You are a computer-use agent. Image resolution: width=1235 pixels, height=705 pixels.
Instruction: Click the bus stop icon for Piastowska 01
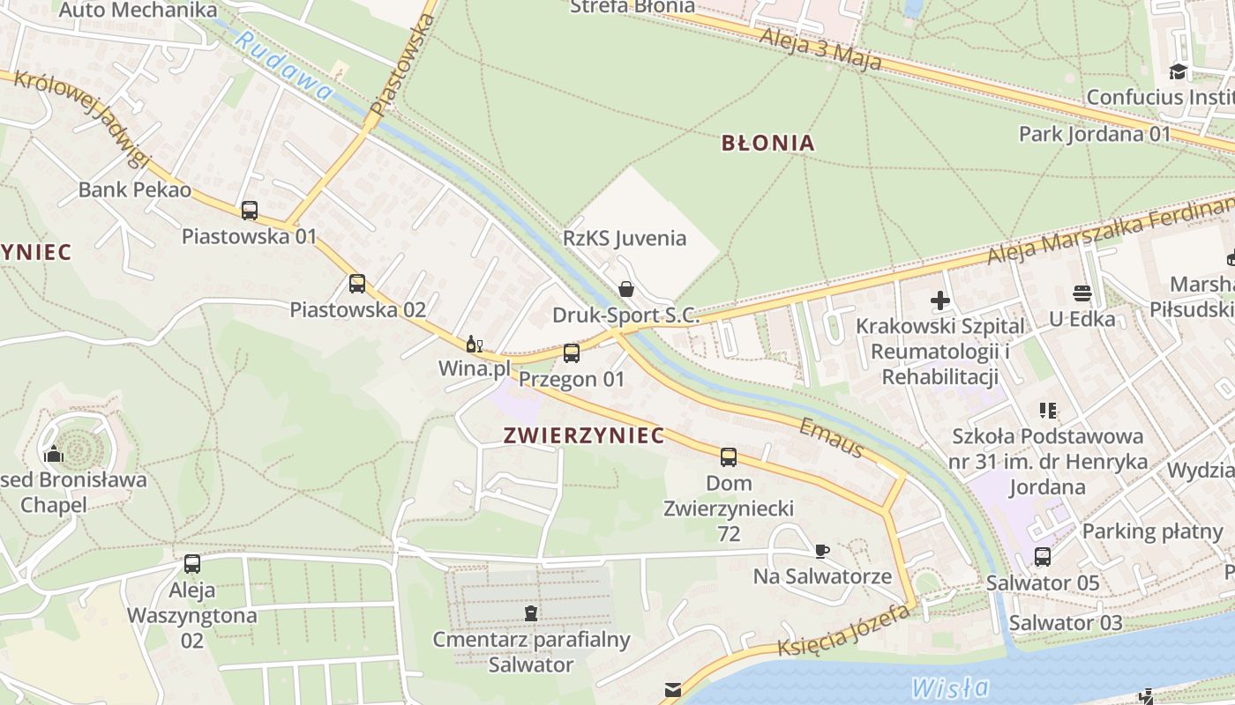point(250,211)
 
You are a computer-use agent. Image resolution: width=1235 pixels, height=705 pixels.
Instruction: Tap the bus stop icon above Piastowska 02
point(356,284)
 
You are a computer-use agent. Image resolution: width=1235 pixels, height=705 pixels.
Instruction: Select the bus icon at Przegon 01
point(572,353)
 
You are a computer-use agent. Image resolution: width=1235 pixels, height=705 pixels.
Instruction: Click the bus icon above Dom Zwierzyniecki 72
point(728,456)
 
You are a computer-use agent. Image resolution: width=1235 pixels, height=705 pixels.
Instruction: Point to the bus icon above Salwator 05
point(1043,557)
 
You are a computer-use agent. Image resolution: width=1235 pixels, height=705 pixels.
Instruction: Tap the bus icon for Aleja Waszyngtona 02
point(192,564)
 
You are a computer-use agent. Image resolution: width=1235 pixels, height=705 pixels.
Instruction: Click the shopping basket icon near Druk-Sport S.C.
point(626,288)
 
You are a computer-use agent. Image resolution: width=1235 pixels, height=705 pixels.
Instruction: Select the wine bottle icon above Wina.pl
point(474,344)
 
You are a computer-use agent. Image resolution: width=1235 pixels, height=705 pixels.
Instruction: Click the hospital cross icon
point(940,301)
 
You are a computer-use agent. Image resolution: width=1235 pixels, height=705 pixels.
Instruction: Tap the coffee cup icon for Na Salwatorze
point(821,552)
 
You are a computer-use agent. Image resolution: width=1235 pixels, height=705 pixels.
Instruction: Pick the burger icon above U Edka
point(1082,293)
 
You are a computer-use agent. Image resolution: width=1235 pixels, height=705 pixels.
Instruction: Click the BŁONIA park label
point(767,143)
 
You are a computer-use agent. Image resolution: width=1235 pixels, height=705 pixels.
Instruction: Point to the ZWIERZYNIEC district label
point(583,435)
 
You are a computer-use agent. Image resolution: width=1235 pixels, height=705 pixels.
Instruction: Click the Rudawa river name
point(284,66)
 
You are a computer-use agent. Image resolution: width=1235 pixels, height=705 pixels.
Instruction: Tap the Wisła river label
point(950,686)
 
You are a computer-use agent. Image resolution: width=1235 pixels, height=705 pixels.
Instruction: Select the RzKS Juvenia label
point(625,238)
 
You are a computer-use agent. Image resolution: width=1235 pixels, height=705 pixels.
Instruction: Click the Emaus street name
point(831,438)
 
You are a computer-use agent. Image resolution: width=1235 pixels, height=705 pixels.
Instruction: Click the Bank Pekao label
point(135,189)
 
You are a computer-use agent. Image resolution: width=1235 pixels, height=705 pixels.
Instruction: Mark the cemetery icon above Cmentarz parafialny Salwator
point(530,612)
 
